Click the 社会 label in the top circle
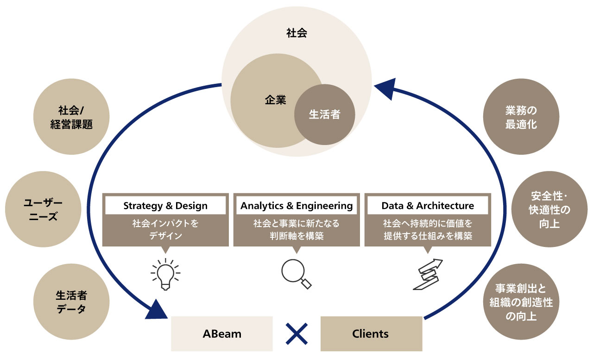(296, 33)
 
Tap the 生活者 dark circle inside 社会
(324, 114)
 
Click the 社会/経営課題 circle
(71, 118)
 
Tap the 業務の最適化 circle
(521, 118)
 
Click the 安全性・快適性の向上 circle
(549, 209)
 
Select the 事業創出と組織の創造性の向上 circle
(521, 302)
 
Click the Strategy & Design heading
(165, 206)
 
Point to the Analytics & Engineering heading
(296, 206)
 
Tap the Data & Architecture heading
(428, 206)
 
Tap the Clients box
(371, 334)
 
